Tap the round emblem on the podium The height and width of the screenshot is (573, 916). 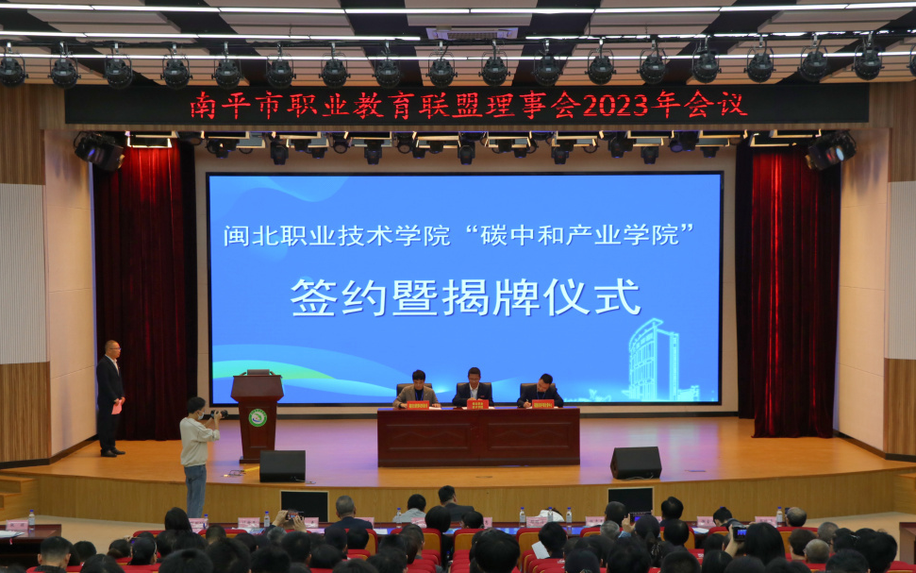(257, 417)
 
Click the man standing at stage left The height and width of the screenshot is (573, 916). (110, 396)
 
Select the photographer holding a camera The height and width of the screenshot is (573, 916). (196, 453)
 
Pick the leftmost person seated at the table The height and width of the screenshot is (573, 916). (416, 389)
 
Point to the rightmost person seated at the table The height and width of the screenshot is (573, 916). (542, 390)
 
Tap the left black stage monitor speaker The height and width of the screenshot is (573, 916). (282, 465)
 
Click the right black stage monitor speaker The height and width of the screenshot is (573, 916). (635, 463)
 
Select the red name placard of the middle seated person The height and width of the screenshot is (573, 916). (478, 404)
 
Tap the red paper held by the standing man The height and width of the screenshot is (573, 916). (118, 407)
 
